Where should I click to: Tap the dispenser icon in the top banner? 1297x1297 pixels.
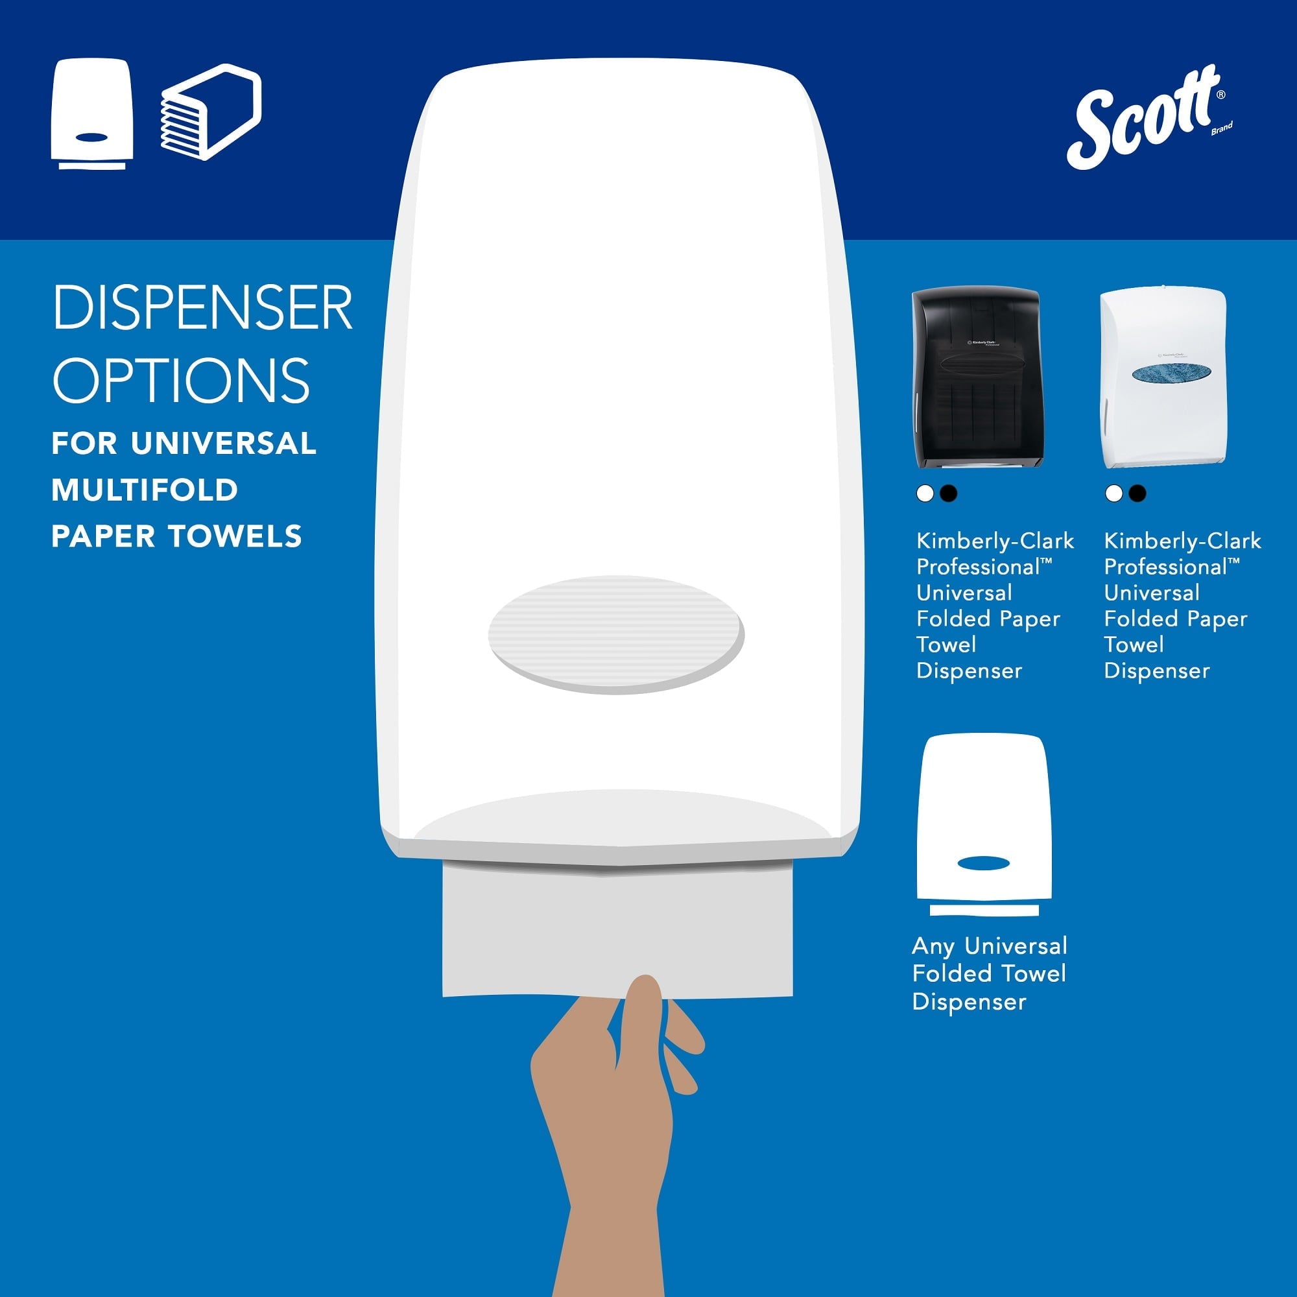tap(92, 114)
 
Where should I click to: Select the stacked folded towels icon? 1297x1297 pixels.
tap(210, 112)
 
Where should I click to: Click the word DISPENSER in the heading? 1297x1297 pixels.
tap(202, 307)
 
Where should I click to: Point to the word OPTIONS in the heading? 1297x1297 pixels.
tap(182, 380)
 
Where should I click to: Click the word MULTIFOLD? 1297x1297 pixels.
tap(145, 490)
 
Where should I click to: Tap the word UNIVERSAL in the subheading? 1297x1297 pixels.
tap(224, 444)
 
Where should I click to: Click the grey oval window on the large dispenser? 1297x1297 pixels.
tap(615, 634)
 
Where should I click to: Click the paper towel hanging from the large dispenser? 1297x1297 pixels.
tap(617, 933)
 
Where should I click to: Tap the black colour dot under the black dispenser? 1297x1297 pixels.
tap(948, 494)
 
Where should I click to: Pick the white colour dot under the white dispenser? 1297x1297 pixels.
tap(1113, 494)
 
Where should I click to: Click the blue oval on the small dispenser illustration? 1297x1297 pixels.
tap(983, 863)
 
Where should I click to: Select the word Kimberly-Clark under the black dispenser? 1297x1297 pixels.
tap(995, 541)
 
